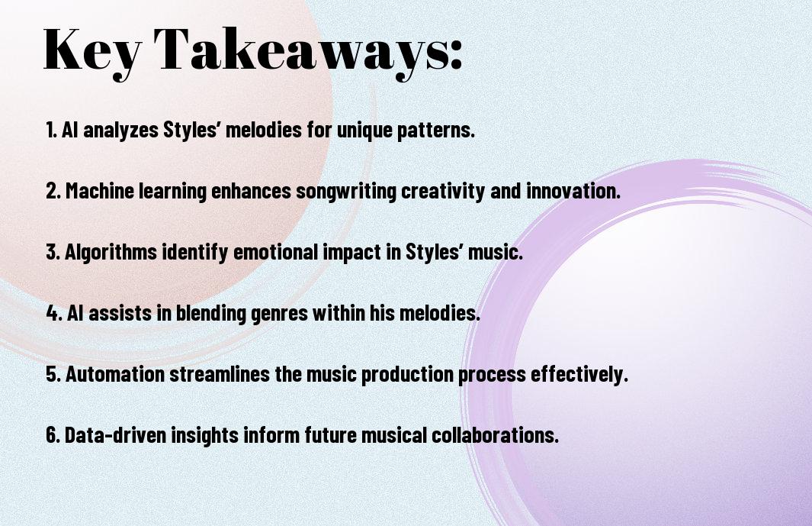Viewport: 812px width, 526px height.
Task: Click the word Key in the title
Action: pos(92,51)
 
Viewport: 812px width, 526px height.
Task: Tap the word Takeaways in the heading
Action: pos(302,51)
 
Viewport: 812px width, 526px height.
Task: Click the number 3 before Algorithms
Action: pos(51,252)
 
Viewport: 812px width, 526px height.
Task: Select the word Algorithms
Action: pos(111,253)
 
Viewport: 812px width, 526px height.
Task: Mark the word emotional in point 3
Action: pos(276,252)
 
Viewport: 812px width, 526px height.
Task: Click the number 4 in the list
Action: pos(52,313)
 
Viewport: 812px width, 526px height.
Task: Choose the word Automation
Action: pos(115,374)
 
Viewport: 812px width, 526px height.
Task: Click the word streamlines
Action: pos(220,374)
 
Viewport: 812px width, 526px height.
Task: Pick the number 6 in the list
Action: pos(51,435)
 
